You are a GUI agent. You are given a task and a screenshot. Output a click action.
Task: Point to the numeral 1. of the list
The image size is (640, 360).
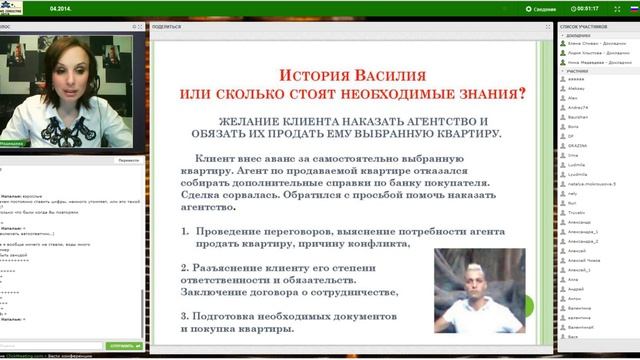click(x=187, y=229)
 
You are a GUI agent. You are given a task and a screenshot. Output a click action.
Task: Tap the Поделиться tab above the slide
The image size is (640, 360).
click(x=166, y=26)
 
